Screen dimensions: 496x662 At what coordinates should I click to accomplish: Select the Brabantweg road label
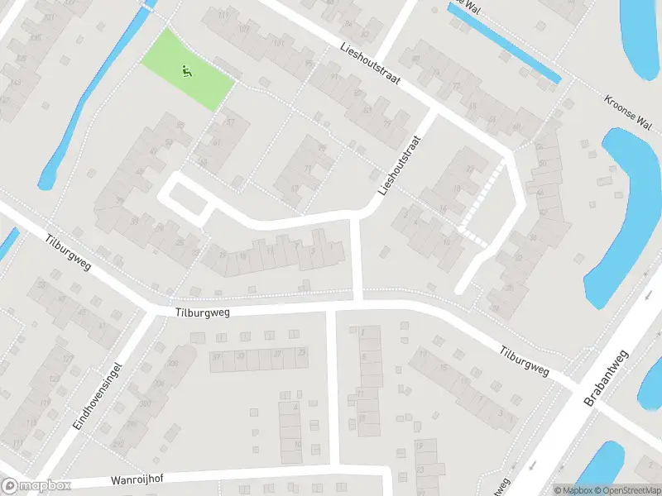click(x=606, y=377)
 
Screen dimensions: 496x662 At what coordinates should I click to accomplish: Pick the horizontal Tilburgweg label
click(x=202, y=312)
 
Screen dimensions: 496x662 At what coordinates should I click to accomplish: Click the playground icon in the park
click(x=187, y=72)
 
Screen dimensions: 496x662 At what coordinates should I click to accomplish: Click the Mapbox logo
click(x=36, y=486)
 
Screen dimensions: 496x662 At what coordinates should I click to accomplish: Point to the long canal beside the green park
click(x=91, y=99)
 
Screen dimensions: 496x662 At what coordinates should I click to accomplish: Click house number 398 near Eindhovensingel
click(x=173, y=364)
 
